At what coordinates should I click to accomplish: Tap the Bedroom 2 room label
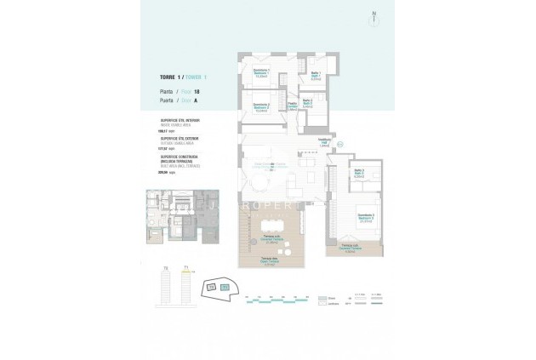pos(261,106)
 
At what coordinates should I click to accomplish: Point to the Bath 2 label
pos(306,104)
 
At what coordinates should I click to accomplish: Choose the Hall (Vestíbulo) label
pos(324,142)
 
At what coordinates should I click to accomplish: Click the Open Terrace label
pos(269,259)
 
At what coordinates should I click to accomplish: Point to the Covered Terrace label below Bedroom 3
pos(350,249)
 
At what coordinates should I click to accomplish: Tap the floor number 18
pos(197,90)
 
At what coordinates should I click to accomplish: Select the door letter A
pos(196,100)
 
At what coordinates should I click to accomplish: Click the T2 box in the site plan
pos(225,288)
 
